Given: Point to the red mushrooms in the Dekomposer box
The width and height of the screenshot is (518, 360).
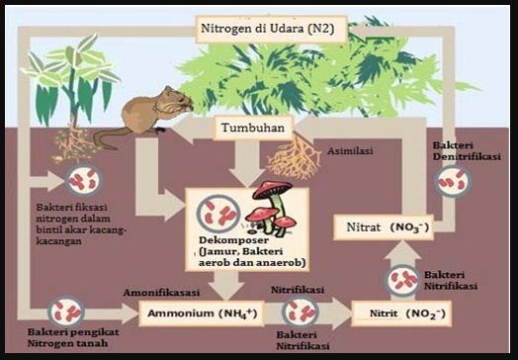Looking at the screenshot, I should click(x=271, y=203).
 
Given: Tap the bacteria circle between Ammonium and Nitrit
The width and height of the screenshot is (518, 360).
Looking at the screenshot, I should click(x=298, y=314).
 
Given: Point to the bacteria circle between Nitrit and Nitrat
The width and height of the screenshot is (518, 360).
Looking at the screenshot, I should click(x=401, y=280).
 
